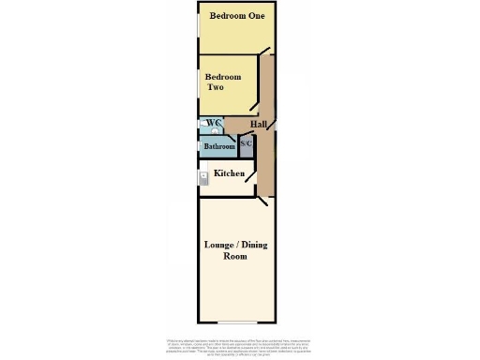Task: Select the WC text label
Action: [x=215, y=123]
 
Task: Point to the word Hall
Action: [x=259, y=124]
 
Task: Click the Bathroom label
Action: [x=218, y=146]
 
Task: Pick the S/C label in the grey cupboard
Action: [x=246, y=143]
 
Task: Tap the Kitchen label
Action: [x=230, y=173]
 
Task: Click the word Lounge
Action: [x=222, y=245]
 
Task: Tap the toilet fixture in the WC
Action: [x=203, y=123]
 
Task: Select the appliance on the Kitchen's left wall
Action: [x=202, y=178]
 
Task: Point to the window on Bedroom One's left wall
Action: [x=198, y=25]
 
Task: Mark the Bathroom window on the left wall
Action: [x=198, y=148]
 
